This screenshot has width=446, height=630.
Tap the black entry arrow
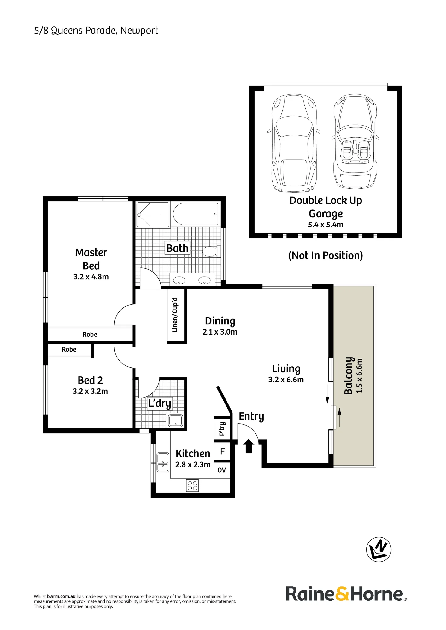(249, 446)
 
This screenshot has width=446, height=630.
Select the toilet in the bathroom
(210, 251)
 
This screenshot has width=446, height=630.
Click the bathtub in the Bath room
(196, 214)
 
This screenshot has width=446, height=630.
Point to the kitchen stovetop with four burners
(192, 485)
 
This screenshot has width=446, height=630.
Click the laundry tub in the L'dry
(175, 420)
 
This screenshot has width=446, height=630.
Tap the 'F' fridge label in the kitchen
(222, 451)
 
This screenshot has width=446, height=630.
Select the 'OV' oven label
(222, 470)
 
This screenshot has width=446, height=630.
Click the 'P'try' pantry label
(222, 429)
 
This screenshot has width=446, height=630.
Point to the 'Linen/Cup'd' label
(175, 315)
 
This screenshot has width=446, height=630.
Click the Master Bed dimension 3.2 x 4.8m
(91, 277)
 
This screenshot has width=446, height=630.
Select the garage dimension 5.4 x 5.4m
(326, 225)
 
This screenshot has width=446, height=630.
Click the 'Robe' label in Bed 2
(69, 349)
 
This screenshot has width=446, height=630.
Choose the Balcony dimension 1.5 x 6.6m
(359, 375)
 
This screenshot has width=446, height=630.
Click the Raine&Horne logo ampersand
(342, 594)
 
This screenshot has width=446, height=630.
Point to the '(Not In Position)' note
(326, 255)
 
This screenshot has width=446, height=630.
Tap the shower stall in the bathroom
(153, 215)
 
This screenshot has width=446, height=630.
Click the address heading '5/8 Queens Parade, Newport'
(96, 31)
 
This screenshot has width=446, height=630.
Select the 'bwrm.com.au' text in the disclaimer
(61, 596)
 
